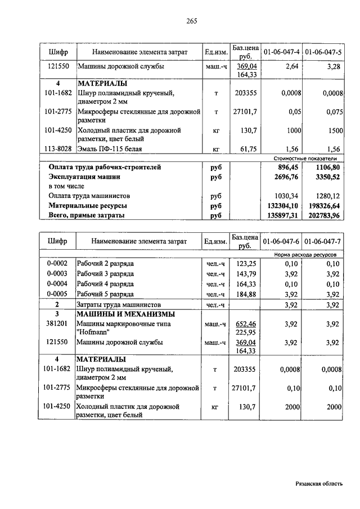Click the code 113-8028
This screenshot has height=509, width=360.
(57, 149)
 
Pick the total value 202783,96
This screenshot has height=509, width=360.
(323, 215)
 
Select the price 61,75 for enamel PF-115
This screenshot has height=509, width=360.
(245, 149)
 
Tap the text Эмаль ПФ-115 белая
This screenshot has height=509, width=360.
(110, 149)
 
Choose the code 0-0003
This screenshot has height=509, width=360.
(57, 274)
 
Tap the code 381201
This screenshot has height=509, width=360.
(57, 324)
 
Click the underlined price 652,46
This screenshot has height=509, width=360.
(245, 324)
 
